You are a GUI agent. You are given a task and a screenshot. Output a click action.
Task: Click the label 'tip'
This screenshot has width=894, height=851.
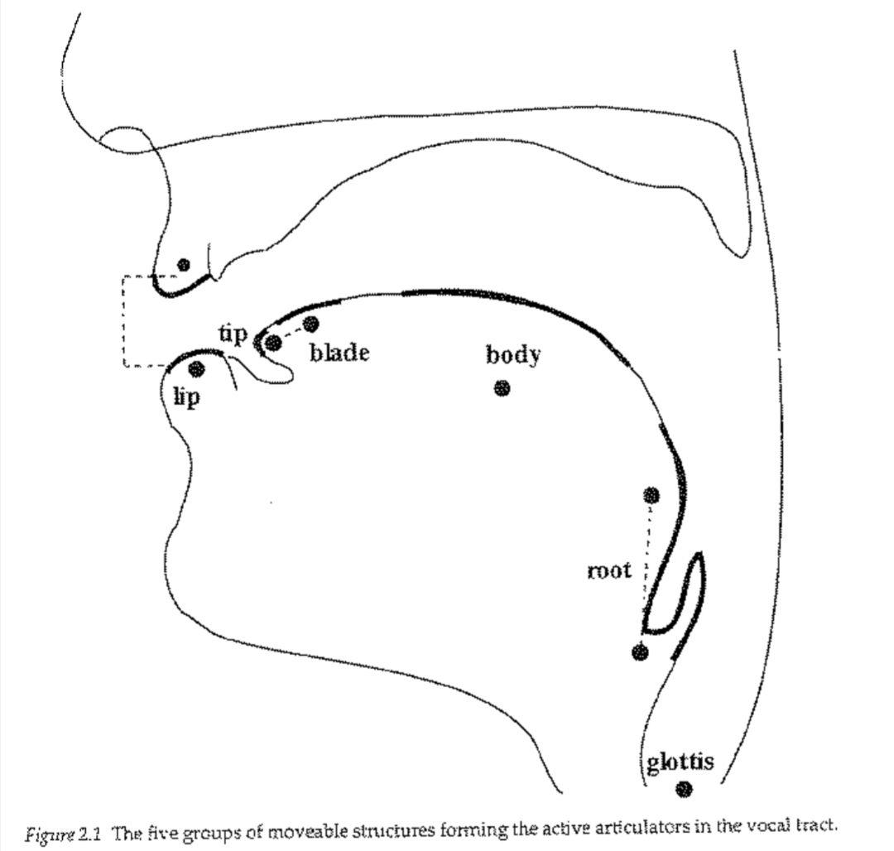click(x=233, y=334)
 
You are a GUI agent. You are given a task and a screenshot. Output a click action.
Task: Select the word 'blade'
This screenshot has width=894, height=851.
click(x=339, y=353)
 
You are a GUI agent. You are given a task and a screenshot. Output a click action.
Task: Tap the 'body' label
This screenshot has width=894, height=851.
click(x=512, y=354)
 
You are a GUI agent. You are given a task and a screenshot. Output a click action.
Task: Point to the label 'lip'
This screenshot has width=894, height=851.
click(x=186, y=397)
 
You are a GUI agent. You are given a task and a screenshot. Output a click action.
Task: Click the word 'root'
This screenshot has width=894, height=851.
click(x=609, y=570)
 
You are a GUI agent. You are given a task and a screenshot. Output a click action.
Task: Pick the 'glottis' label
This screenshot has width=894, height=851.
click(x=680, y=762)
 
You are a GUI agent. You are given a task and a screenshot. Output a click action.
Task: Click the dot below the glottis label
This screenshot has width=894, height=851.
click(x=684, y=789)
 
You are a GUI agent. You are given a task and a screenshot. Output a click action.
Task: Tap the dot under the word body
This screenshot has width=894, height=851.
click(x=502, y=388)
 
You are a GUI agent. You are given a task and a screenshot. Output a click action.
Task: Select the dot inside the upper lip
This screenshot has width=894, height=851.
click(x=184, y=264)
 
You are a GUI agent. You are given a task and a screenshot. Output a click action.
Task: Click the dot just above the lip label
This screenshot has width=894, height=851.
click(x=196, y=368)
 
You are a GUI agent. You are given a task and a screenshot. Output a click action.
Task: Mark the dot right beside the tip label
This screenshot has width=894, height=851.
click(x=273, y=343)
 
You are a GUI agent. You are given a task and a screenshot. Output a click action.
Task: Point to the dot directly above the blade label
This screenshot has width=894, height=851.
click(x=310, y=324)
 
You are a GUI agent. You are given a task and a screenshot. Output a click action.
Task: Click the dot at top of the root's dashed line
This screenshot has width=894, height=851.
click(x=651, y=495)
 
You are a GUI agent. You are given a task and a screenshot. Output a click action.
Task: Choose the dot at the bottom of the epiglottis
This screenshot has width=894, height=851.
click(x=640, y=652)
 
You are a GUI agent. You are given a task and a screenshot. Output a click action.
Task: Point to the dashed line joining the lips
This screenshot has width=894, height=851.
click(x=123, y=321)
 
